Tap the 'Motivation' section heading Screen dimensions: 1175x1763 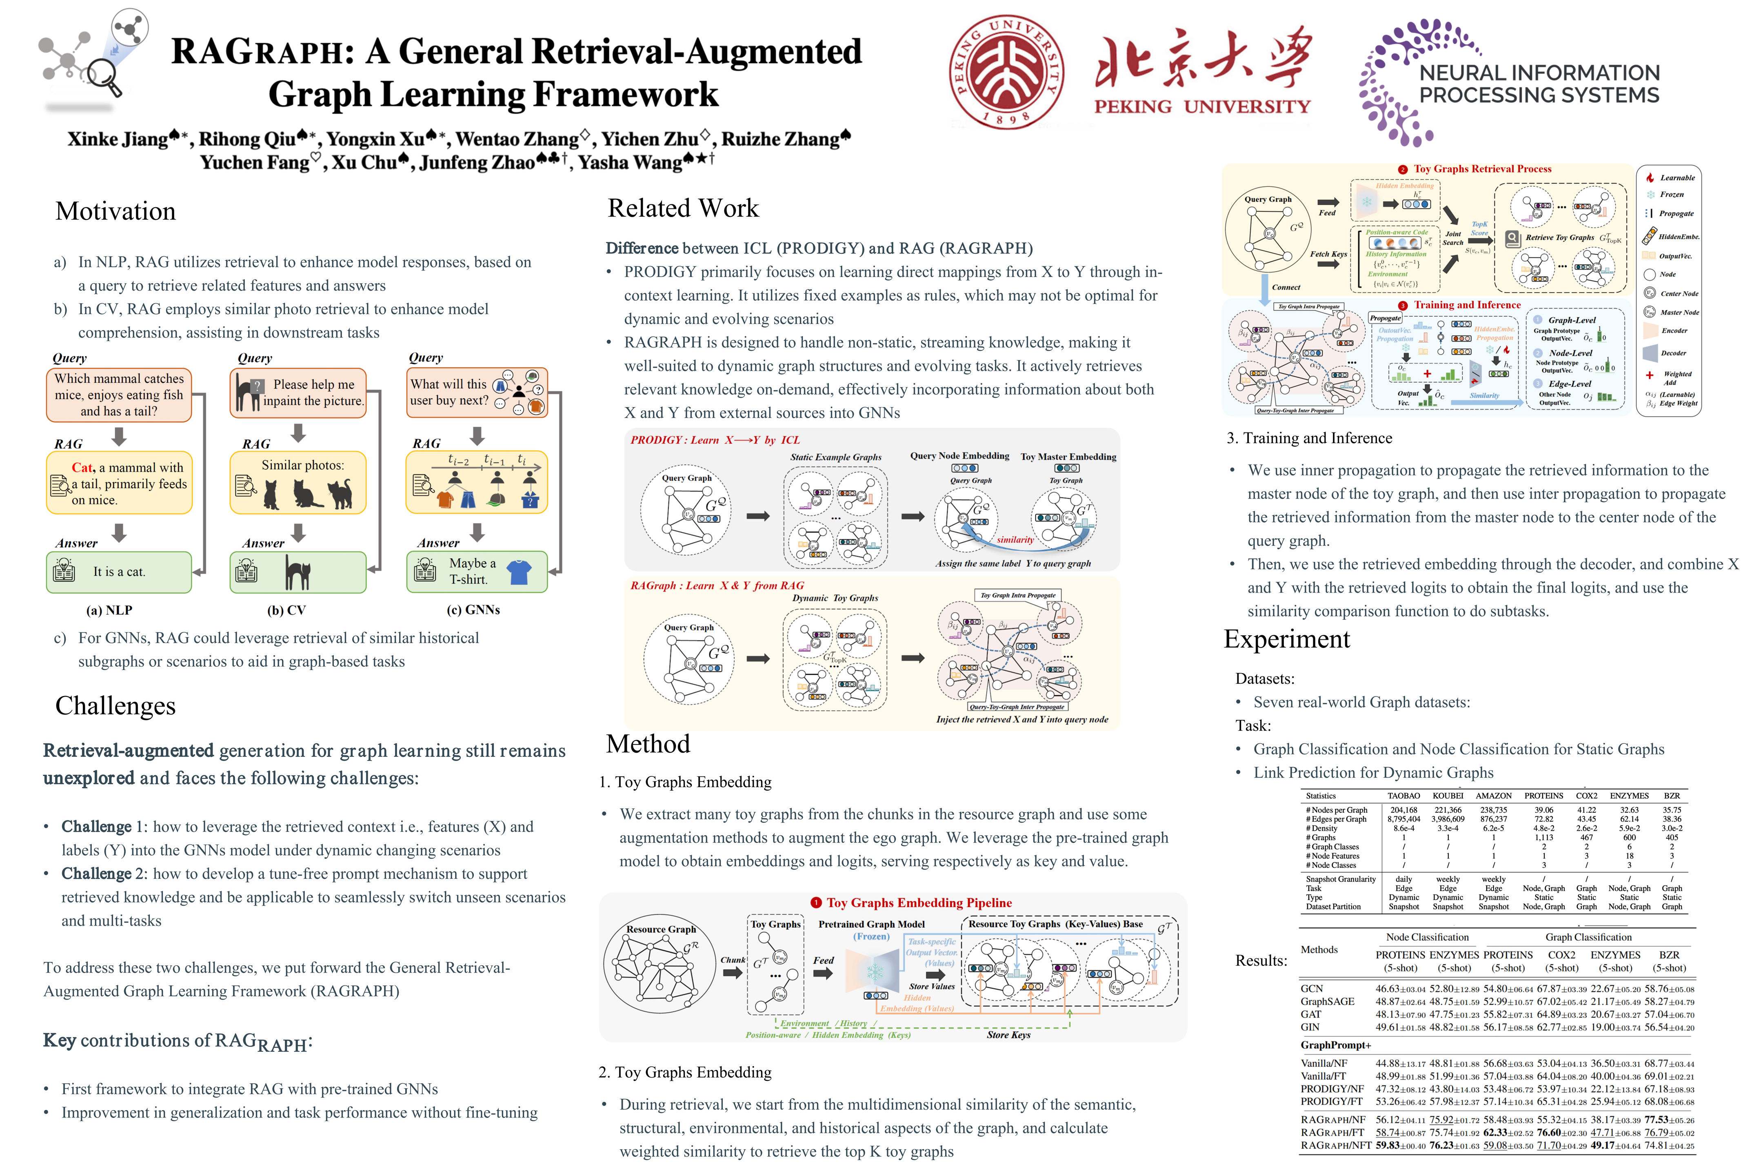coord(115,211)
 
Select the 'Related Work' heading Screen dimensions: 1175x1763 coord(683,208)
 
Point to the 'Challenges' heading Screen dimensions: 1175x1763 coord(115,706)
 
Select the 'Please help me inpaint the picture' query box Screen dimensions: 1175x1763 coord(298,392)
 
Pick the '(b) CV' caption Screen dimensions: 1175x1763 coord(286,610)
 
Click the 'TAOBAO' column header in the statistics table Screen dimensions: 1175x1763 coord(1403,796)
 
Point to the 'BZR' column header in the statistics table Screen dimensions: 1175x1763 coord(1672,796)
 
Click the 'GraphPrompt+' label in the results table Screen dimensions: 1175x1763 coord(1336,1045)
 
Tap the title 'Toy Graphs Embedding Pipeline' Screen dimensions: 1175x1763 coord(919,903)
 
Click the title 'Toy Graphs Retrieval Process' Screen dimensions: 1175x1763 coord(1482,169)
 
